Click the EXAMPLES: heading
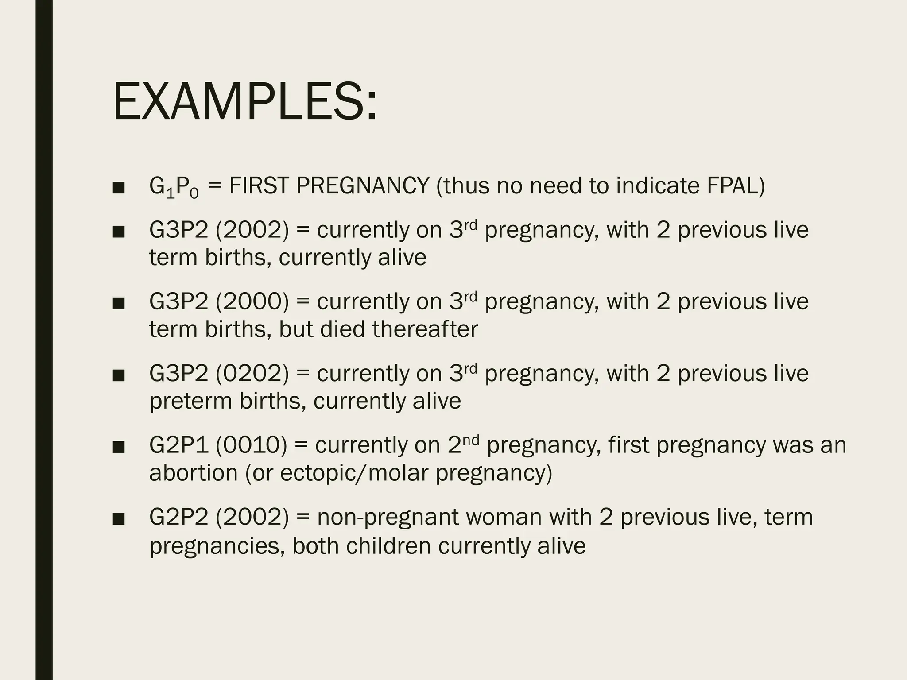245,102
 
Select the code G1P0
174,187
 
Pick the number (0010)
251,445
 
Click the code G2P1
178,445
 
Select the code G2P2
178,517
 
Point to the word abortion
194,473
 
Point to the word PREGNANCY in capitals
363,186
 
